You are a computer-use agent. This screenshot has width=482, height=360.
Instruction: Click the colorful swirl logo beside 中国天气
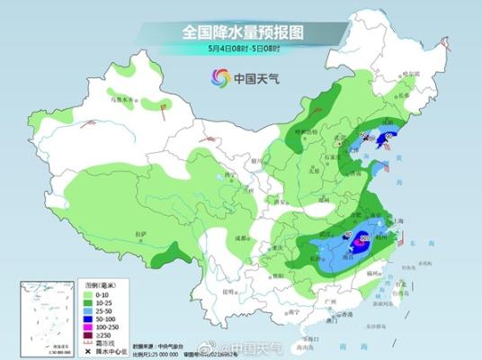tap(219, 77)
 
